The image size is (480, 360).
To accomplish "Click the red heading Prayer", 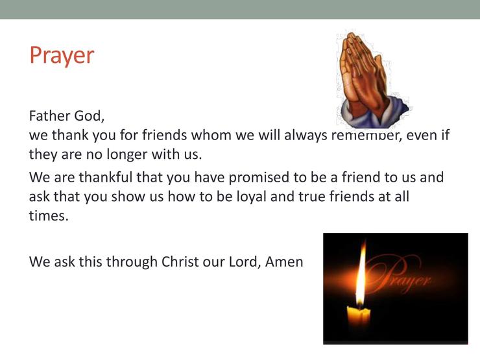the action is click(x=62, y=56).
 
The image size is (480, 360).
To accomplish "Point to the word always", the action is click(x=306, y=136).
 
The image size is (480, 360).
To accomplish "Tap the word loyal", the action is click(x=251, y=197).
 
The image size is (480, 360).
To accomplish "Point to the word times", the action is click(x=49, y=215).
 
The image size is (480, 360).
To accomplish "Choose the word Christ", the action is click(x=180, y=262).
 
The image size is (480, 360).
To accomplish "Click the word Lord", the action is click(x=245, y=262).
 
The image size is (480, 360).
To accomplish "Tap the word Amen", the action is click(x=283, y=262).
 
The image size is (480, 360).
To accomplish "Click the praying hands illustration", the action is click(x=372, y=80).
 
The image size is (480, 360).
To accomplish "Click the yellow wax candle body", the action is click(x=359, y=317).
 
